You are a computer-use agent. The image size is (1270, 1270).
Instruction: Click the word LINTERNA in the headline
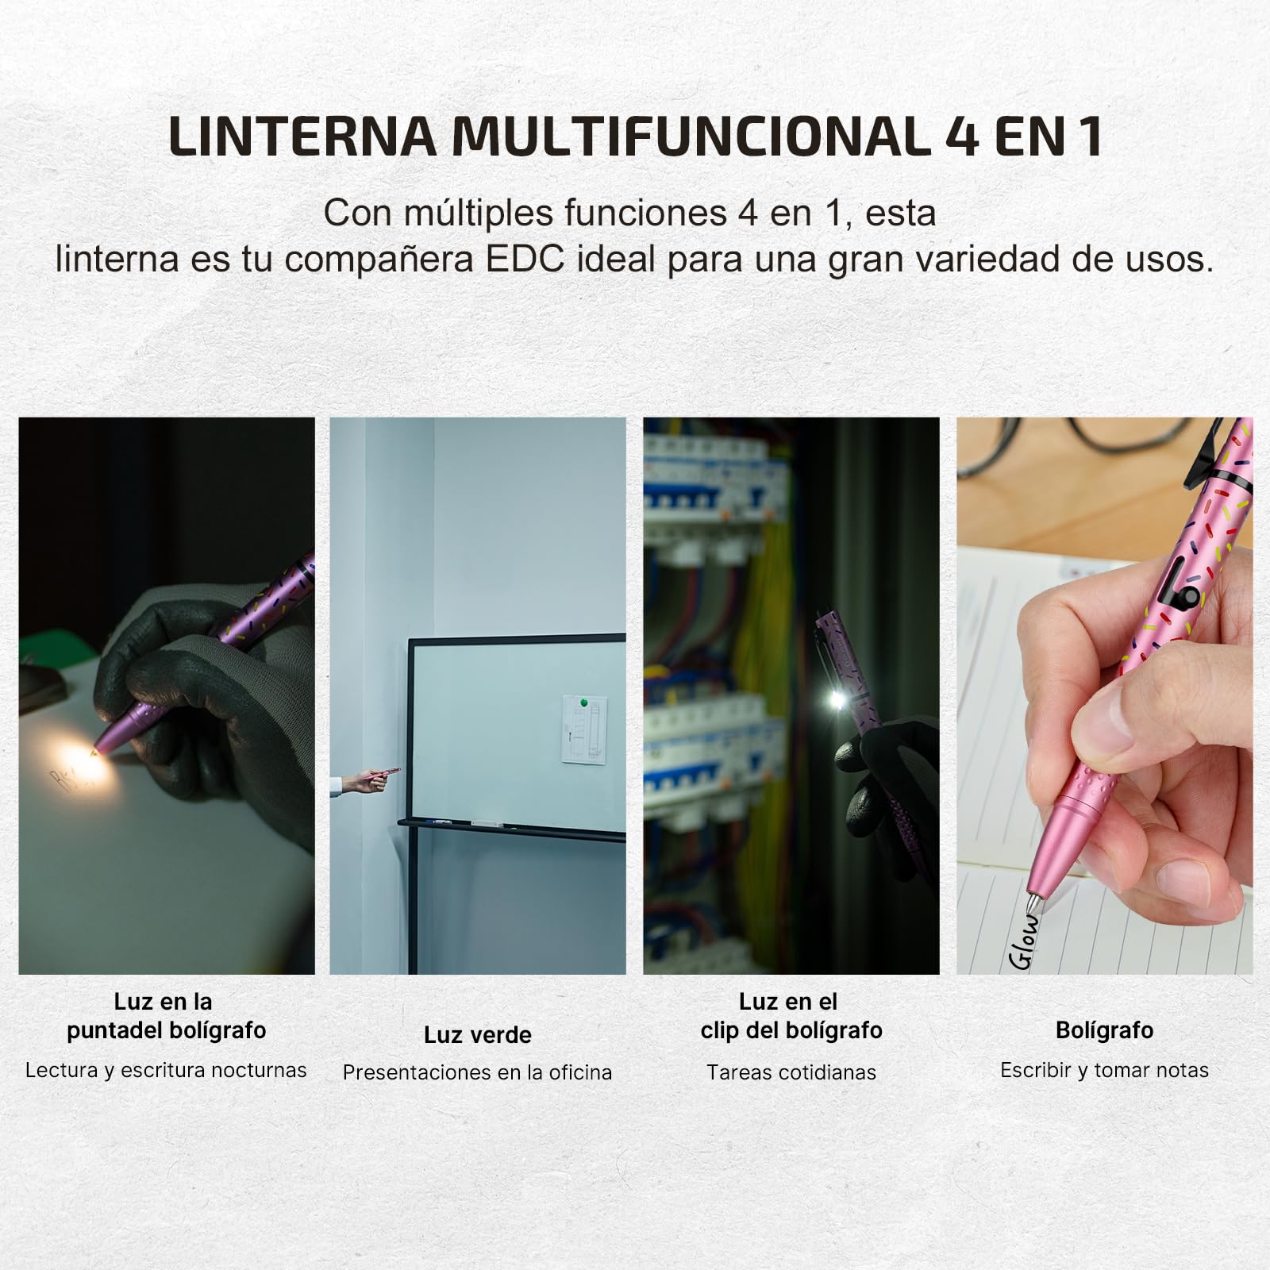pos(302,136)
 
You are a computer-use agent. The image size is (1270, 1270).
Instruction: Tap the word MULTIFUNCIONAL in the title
pos(689,136)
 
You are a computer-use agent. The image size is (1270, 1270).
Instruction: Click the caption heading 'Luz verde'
pos(477,1035)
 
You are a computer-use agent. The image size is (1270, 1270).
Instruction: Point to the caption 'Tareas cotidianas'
pos(791,1072)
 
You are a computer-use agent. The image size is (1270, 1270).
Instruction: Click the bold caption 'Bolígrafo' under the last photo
pos(1104,1030)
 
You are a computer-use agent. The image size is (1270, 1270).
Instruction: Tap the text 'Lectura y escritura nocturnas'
pos(166,1070)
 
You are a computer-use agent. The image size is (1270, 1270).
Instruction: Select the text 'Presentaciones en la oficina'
pos(477,1072)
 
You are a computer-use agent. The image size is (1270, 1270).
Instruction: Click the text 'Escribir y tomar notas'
pos(1104,1070)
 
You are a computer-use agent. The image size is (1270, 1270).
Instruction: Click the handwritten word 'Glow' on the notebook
pos(1025,942)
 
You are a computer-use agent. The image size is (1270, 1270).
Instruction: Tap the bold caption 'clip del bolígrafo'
pos(791,1030)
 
